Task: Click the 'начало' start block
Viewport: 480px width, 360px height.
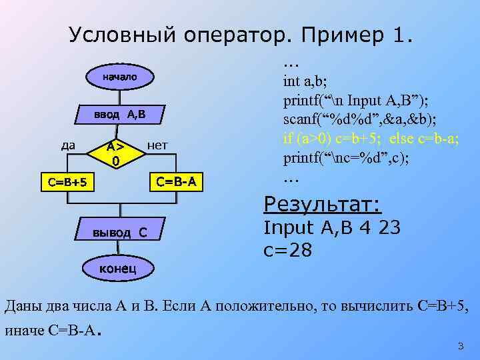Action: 119,77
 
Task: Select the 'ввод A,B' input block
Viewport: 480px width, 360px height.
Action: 119,115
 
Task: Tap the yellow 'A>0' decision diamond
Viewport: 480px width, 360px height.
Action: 116,153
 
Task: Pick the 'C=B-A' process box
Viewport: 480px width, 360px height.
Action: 176,180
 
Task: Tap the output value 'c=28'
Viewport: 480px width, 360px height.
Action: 289,251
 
